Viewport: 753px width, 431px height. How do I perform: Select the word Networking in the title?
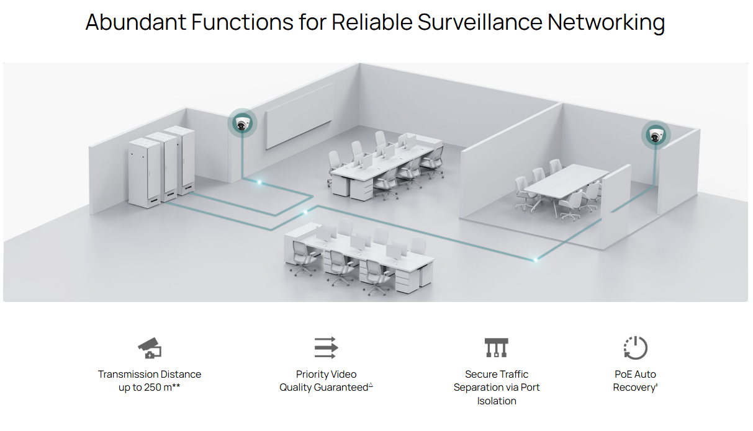606,22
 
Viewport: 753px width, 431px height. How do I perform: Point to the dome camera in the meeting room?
656,135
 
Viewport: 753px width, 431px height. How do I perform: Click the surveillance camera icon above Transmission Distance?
150,348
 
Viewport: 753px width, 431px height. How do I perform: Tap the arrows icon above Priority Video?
325,348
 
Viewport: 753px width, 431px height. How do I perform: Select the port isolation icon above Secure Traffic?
497,348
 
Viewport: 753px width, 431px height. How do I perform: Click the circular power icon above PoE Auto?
634,348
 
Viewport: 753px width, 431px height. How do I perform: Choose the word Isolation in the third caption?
497,401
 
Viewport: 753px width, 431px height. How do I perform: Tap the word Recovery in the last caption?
634,388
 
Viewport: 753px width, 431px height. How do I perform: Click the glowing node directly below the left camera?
259,182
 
